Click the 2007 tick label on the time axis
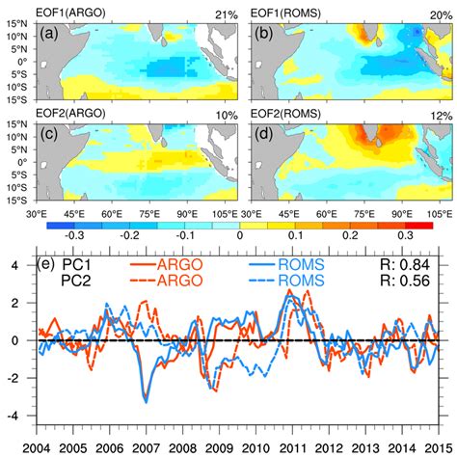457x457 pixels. click(x=147, y=449)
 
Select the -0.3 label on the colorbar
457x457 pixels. click(x=69, y=233)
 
